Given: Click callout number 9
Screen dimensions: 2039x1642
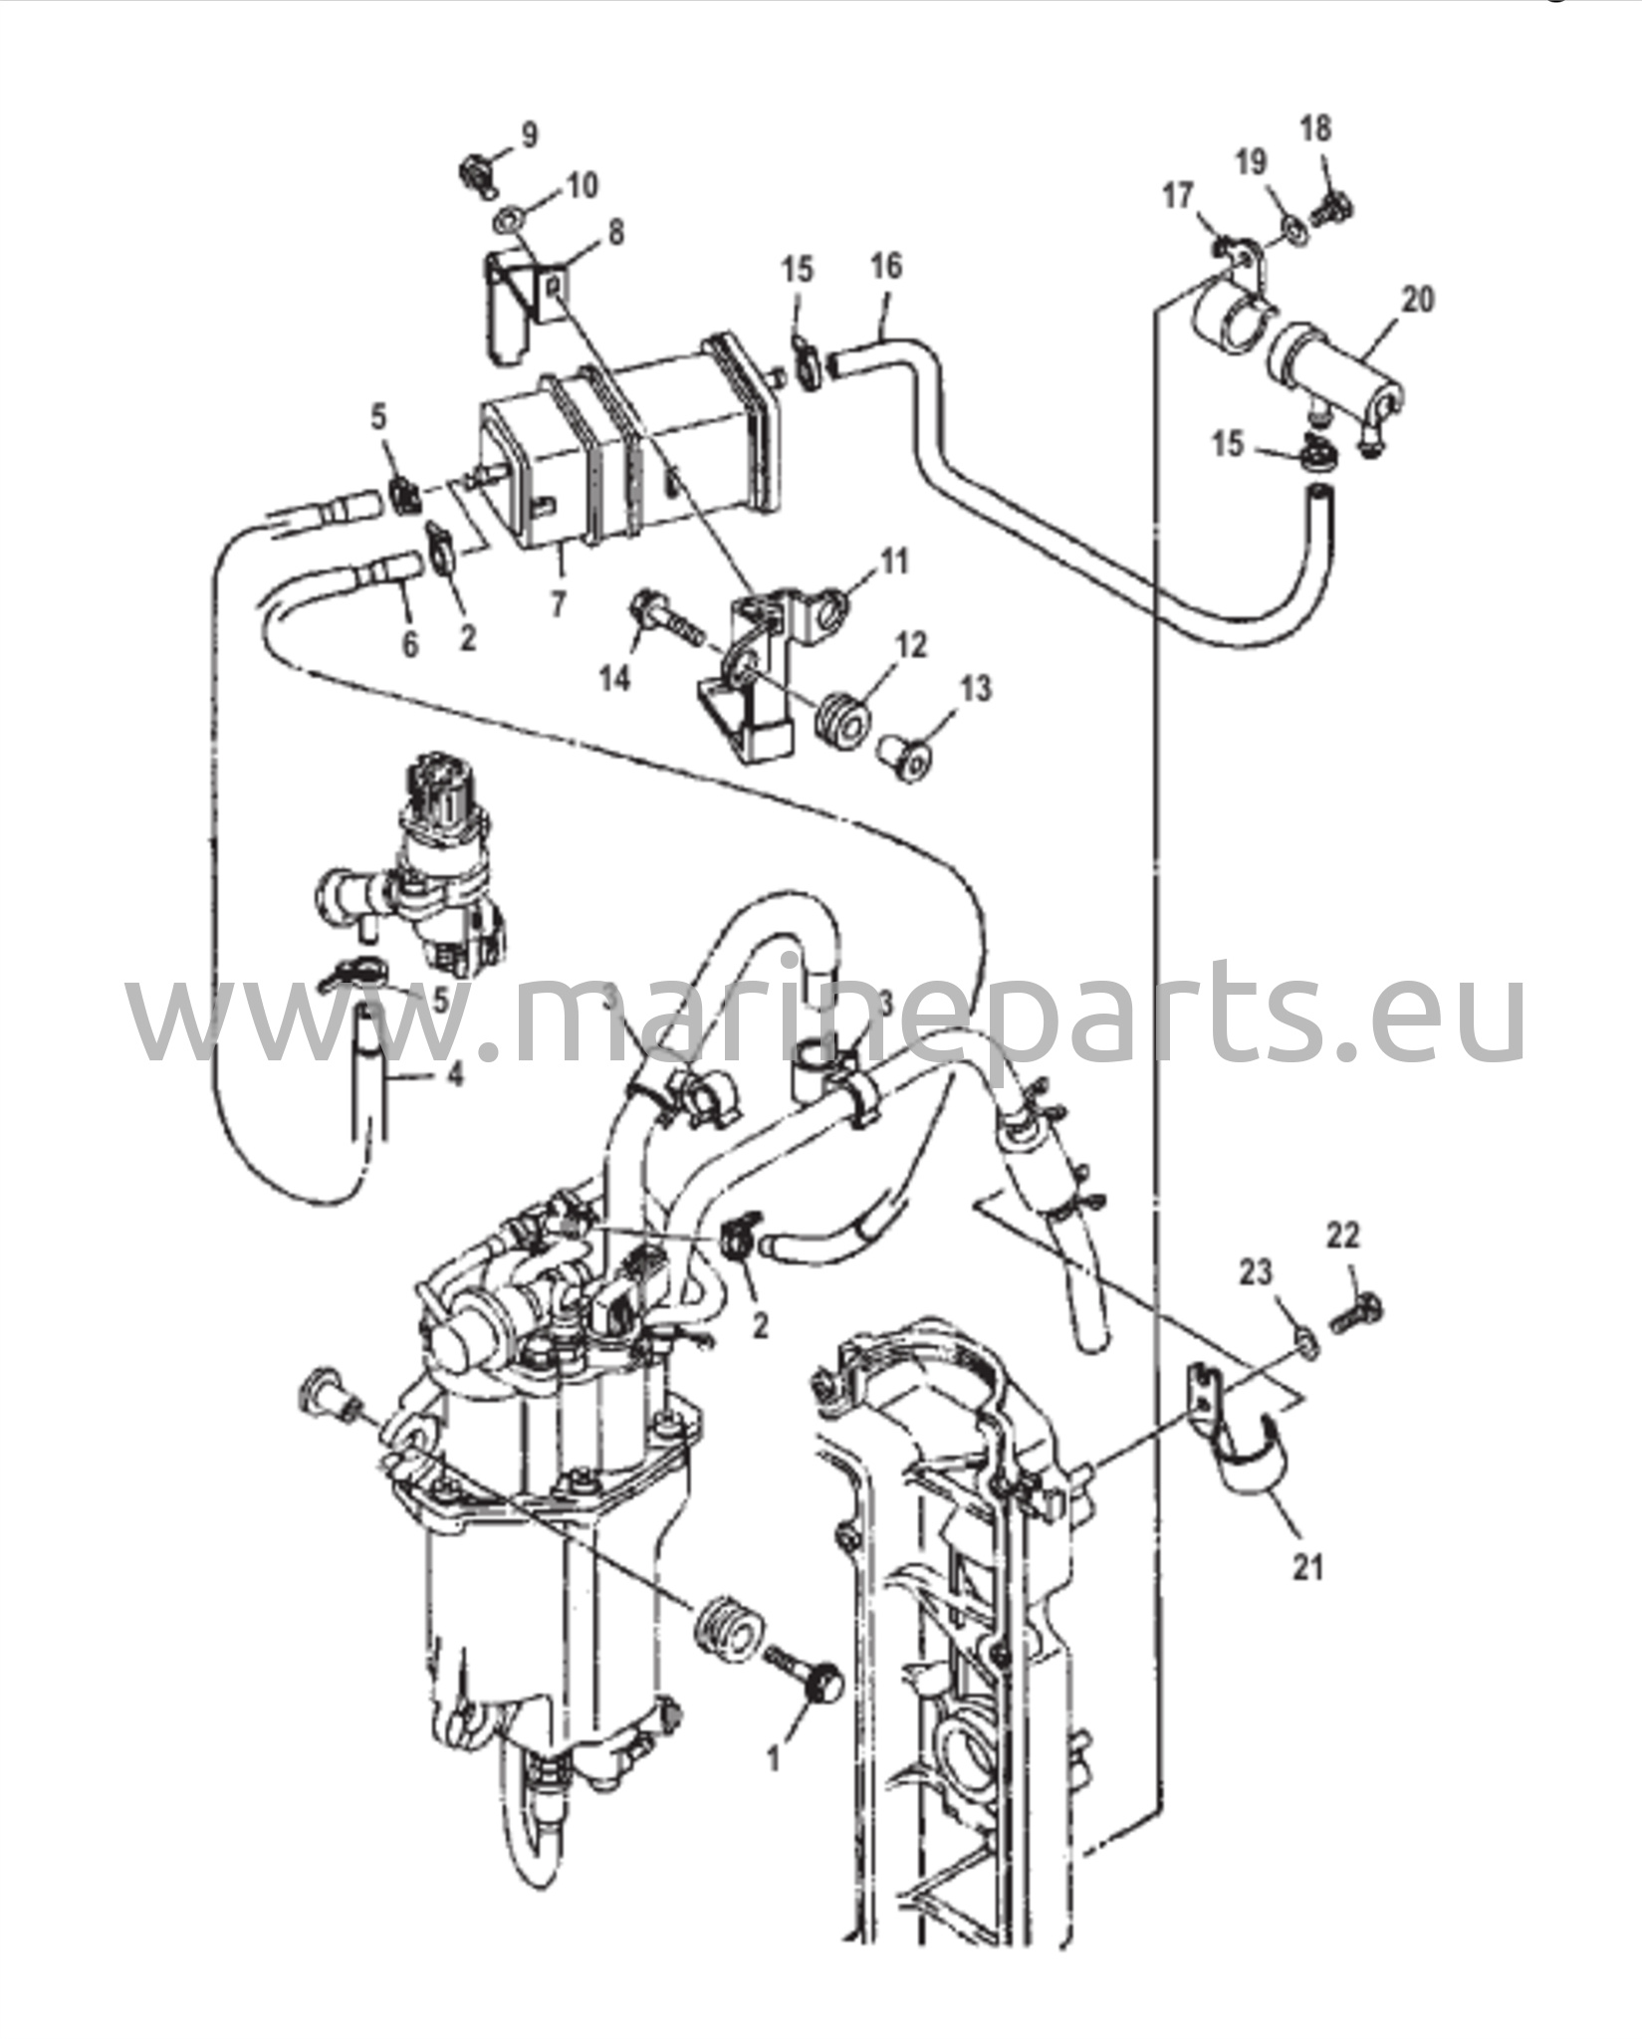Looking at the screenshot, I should coord(528,134).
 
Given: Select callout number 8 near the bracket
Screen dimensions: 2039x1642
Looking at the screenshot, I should coord(616,233).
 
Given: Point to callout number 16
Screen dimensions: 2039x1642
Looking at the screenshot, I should coord(885,267).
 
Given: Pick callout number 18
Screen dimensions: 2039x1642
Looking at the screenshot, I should coord(1315,127).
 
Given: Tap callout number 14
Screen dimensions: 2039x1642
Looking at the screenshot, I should coord(615,678).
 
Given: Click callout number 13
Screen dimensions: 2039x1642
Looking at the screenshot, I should coord(977,688).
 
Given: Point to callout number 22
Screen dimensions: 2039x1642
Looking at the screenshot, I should coord(1342,1236).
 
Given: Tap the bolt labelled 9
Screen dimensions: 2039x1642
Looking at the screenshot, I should coord(478,173).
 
